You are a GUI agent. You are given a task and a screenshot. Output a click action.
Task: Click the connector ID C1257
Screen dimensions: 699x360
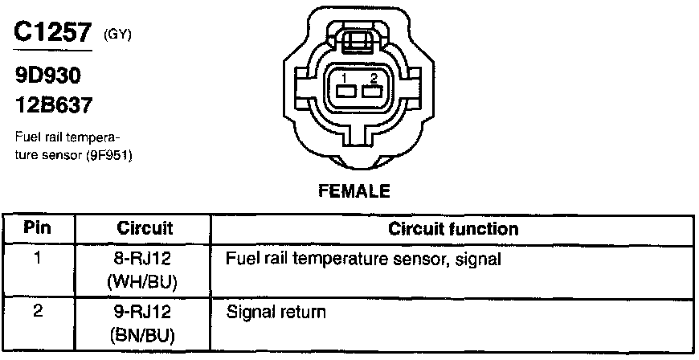tap(51, 32)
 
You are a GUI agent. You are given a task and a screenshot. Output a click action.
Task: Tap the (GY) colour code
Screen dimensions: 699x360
tap(117, 36)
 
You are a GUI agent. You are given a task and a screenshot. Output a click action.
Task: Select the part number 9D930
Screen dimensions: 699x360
tap(49, 76)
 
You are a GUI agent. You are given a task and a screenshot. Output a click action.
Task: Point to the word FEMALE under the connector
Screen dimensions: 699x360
tap(354, 191)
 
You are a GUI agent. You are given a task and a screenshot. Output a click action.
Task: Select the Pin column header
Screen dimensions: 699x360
tap(37, 228)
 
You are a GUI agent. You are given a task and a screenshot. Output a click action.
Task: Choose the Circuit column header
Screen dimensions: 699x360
tap(145, 228)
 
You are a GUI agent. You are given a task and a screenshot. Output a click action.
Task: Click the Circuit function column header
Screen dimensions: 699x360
tap(453, 228)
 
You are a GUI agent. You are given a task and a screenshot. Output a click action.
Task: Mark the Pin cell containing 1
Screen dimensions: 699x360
tap(37, 260)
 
